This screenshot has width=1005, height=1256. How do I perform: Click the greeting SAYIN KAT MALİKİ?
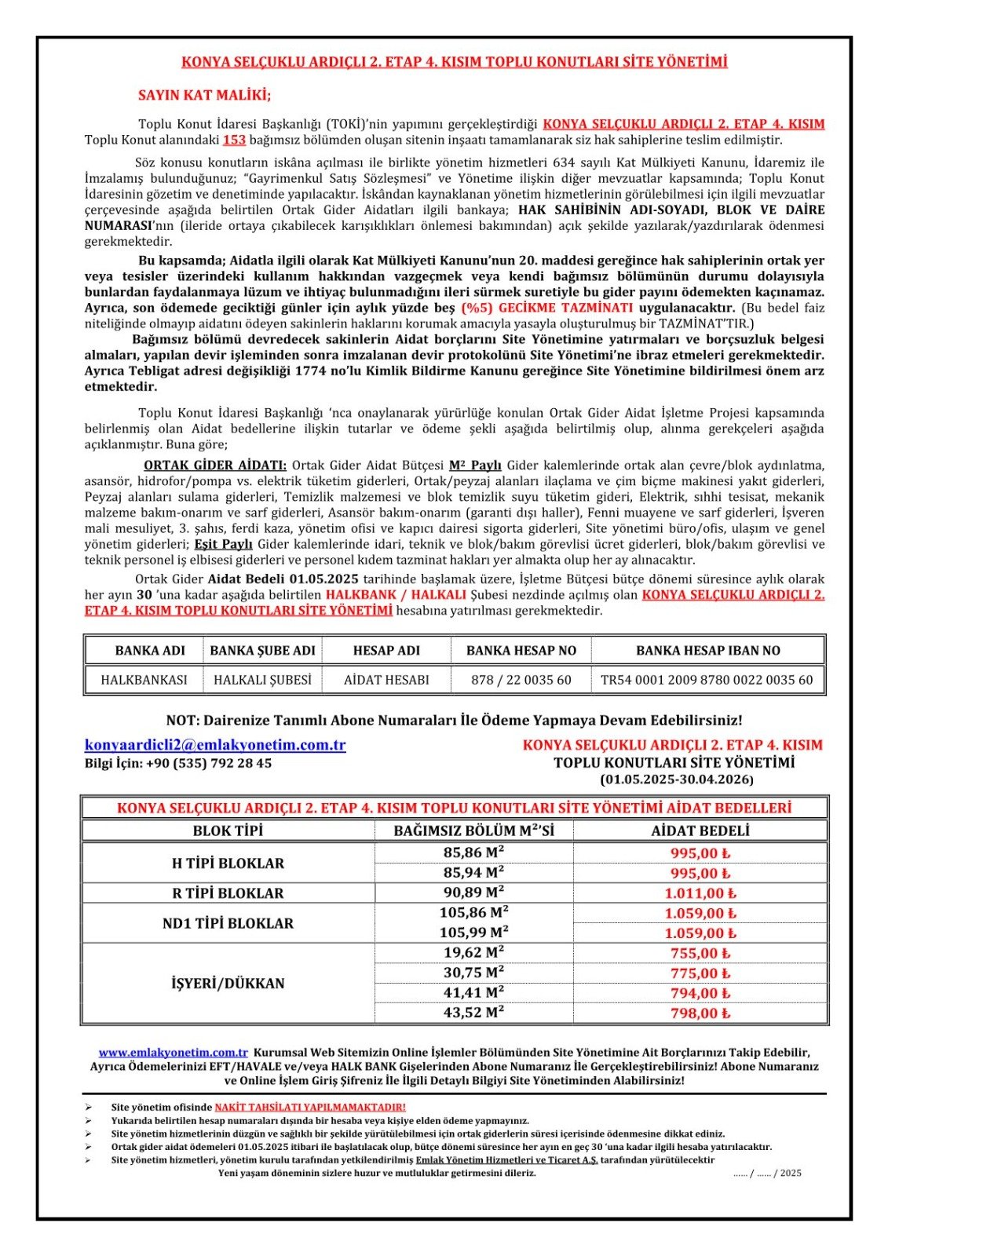pos(204,95)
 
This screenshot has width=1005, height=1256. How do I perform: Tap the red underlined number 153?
pos(234,140)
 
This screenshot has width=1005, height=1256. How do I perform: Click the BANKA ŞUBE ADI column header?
pos(262,650)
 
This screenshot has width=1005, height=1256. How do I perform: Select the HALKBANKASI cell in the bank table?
pos(144,680)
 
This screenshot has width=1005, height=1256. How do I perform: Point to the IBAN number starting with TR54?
pos(707,680)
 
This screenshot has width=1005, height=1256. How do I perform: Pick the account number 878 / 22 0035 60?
pos(521,680)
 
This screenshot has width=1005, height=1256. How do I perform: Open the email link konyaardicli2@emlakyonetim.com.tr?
pos(215,744)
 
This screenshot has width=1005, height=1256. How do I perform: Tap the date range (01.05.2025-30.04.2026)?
pos(677,780)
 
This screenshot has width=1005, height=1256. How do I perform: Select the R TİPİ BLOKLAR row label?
pos(228,893)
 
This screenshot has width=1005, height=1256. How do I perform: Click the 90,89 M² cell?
pos(473,893)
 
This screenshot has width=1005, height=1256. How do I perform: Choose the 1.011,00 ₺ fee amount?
pos(700,893)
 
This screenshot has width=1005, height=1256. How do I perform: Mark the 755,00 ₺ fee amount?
pos(700,953)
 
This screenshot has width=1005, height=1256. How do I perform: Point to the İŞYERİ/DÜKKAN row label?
pos(228,983)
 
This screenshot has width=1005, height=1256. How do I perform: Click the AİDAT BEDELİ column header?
pos(700,831)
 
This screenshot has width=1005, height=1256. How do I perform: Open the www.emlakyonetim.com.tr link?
pos(173,1052)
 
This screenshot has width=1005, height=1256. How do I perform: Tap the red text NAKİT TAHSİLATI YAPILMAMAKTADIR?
pos(310,1107)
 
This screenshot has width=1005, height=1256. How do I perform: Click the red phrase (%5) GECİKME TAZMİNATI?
pos(546,308)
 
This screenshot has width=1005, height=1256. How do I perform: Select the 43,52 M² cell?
pos(473,1013)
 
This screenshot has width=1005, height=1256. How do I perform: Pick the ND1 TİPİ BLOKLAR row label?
pos(228,923)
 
